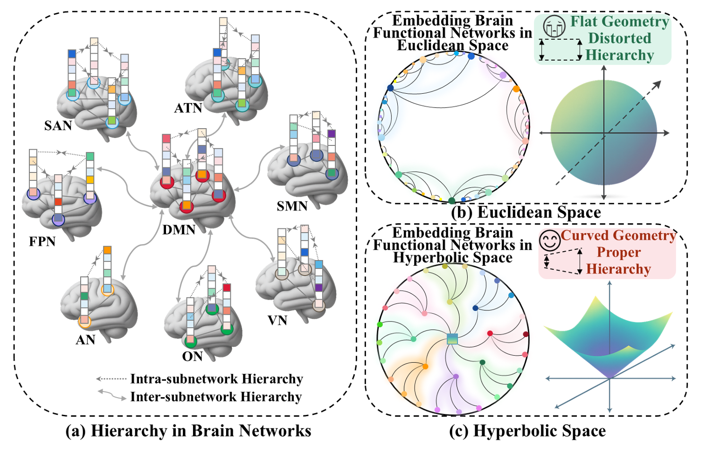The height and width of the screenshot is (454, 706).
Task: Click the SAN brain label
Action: (58, 125)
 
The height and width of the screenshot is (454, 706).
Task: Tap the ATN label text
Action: (188, 108)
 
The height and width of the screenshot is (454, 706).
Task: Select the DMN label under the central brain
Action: (179, 229)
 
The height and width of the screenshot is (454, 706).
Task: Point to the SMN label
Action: (292, 206)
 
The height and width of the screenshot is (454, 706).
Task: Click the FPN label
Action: (42, 241)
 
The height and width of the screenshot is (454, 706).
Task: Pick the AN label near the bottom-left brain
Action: (85, 340)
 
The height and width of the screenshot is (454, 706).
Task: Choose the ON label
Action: (192, 357)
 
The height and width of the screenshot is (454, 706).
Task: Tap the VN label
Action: (277, 321)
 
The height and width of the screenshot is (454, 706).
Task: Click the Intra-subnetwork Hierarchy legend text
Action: (216, 379)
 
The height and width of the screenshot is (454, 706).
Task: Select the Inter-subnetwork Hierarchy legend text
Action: (216, 397)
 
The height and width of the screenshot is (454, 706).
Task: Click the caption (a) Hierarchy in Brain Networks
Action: (188, 431)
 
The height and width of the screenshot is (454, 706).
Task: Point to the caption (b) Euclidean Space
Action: (526, 213)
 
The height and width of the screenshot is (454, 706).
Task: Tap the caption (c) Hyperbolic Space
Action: (527, 431)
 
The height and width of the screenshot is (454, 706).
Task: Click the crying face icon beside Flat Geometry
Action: (554, 26)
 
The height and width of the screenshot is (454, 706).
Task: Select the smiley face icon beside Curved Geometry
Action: (550, 241)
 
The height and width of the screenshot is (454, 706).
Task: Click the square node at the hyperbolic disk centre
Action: (452, 339)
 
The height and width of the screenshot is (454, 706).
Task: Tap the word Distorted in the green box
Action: (619, 38)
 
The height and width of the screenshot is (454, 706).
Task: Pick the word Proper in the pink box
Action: (618, 252)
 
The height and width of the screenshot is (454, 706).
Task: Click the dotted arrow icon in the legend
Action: (111, 379)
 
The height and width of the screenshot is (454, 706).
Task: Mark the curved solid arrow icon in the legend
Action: (112, 395)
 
